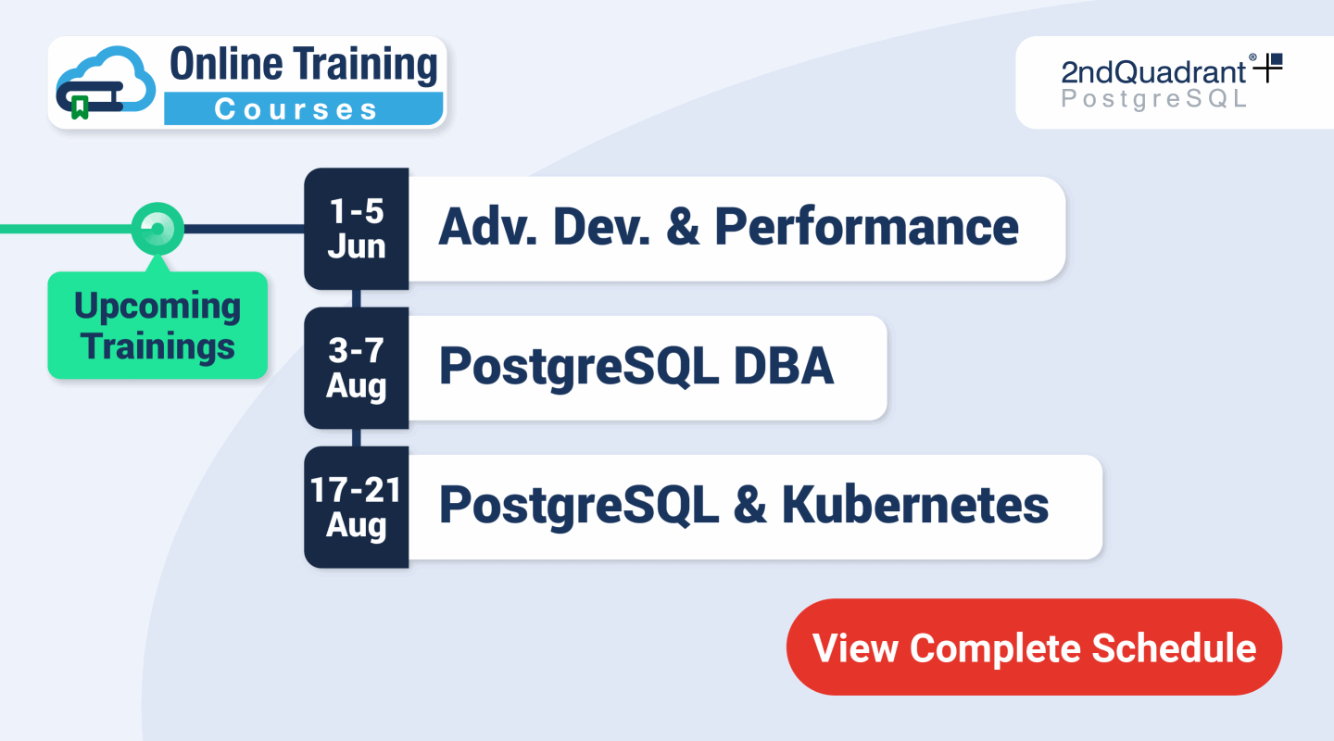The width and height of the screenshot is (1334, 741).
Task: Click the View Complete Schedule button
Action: (1034, 647)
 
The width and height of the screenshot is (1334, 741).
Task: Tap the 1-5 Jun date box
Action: (357, 229)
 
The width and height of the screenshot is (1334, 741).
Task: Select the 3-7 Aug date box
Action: (357, 368)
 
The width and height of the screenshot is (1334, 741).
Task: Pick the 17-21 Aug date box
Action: (357, 507)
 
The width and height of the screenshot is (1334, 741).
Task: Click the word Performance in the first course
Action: (866, 228)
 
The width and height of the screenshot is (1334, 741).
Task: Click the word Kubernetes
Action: (915, 506)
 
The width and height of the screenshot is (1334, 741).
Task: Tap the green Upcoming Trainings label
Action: (157, 326)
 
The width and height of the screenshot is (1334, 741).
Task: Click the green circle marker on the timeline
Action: (157, 228)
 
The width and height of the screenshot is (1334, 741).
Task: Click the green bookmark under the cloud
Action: (81, 108)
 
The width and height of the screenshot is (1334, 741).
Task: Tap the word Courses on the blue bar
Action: (296, 109)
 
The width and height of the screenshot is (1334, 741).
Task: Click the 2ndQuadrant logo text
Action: (1154, 72)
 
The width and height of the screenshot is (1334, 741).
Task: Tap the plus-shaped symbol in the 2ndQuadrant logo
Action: (1268, 68)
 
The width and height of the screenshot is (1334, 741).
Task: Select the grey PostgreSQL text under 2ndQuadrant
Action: (1154, 99)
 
